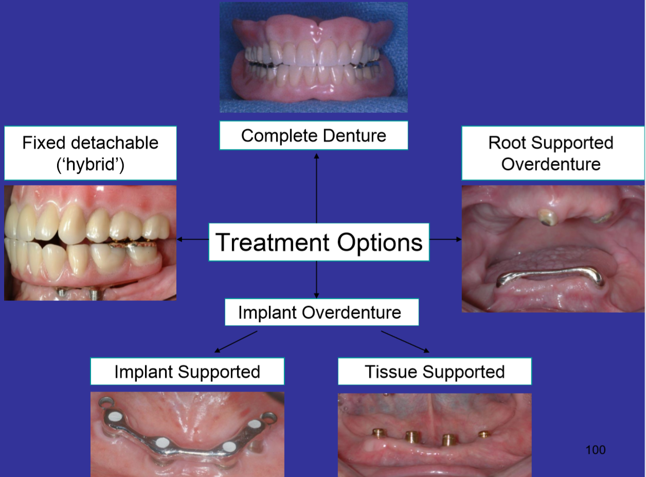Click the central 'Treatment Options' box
(x=318, y=242)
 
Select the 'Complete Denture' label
(x=313, y=135)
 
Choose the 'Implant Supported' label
(x=187, y=371)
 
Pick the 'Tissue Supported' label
(x=434, y=371)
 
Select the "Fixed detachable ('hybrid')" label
(x=90, y=153)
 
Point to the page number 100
(x=596, y=450)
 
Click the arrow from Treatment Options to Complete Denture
(x=316, y=185)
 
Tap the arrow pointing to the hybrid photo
(x=192, y=240)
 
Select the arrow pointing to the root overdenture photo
(x=445, y=240)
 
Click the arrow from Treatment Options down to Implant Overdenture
(x=316, y=280)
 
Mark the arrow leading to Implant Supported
(x=236, y=342)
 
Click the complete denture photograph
(x=313, y=57)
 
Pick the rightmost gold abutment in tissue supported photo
(x=483, y=434)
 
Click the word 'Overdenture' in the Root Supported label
(x=551, y=164)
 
